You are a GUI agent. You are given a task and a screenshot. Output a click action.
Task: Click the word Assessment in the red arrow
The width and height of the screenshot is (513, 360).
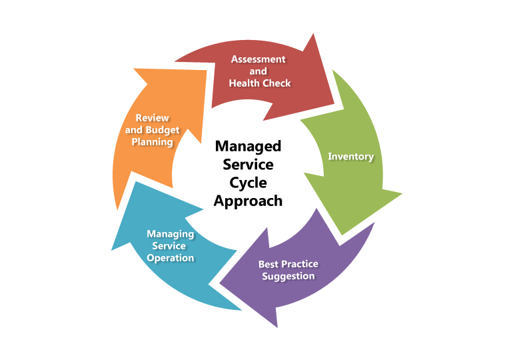click(258, 59)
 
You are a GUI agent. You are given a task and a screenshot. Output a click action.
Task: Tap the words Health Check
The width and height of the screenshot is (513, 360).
click(260, 83)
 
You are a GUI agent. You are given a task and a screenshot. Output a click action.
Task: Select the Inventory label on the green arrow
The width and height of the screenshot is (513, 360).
click(351, 157)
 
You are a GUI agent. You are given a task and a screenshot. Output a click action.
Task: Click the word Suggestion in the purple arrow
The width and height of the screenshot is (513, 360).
click(288, 276)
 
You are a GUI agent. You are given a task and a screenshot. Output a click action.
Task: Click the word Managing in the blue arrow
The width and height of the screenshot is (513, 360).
click(171, 234)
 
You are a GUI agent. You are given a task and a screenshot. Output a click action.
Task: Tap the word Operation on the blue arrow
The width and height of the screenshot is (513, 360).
click(171, 258)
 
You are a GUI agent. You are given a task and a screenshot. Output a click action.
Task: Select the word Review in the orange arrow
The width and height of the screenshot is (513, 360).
click(152, 118)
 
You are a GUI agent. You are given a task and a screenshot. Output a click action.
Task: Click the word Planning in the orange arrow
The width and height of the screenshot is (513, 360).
click(153, 142)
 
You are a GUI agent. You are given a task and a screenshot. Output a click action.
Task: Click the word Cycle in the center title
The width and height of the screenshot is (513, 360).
click(248, 183)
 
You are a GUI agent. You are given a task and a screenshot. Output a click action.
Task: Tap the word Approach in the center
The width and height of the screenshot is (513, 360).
click(248, 201)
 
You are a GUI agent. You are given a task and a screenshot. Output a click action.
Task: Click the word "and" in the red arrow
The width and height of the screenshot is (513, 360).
click(258, 71)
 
